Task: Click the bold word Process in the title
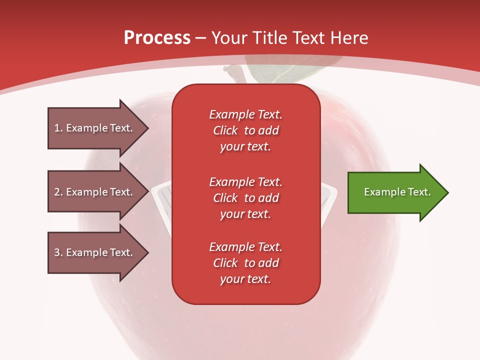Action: (157, 38)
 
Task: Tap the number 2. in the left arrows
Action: (58, 192)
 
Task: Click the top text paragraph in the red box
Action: (245, 130)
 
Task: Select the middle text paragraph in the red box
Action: (245, 197)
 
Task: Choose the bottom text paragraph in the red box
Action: (245, 263)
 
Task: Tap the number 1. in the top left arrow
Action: (58, 128)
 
